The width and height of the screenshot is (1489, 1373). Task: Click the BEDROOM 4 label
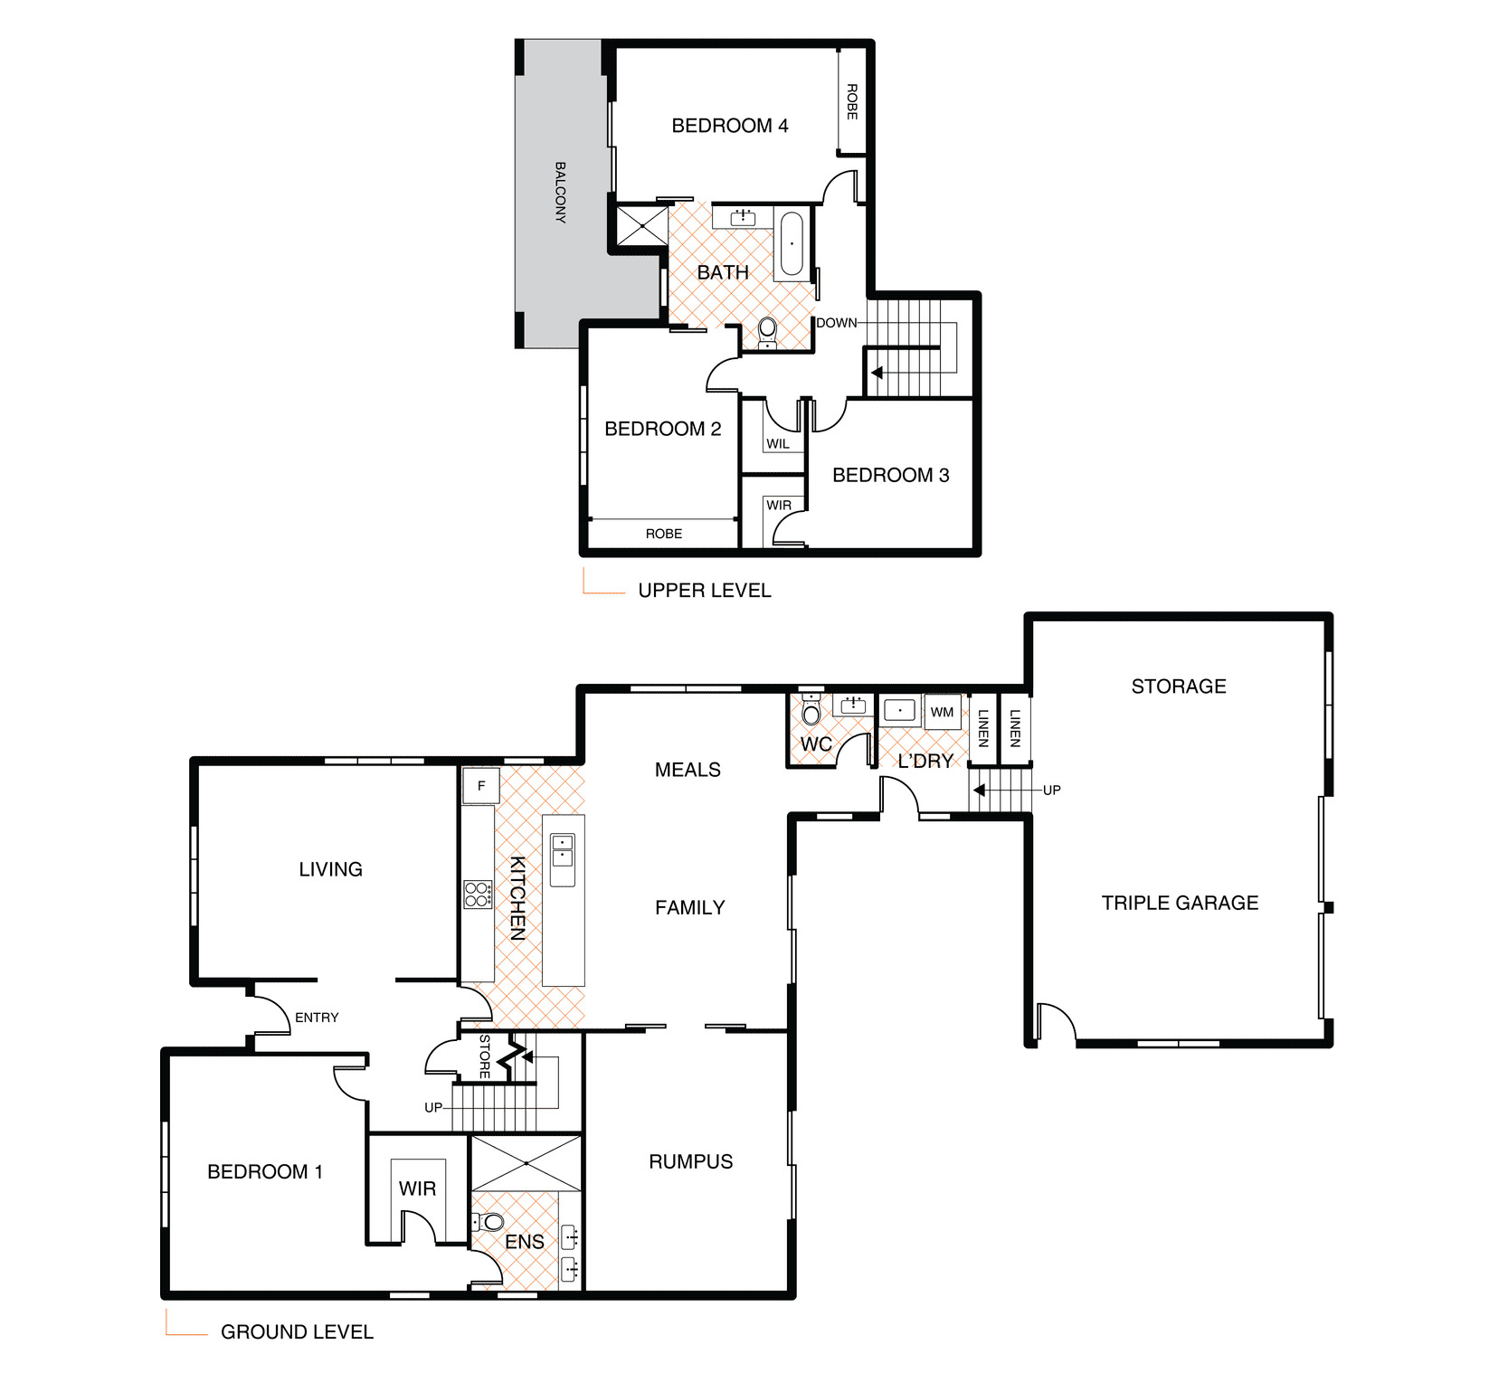coord(729,126)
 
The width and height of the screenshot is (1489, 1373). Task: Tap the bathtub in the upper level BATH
coord(792,243)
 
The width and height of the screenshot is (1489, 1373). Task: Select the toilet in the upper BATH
coord(767,332)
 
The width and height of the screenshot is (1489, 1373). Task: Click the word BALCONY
coord(560,192)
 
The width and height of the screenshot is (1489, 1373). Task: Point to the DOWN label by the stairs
coord(837,323)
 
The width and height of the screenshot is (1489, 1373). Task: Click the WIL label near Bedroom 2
coord(778,444)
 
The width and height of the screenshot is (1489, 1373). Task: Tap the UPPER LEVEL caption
coord(705,591)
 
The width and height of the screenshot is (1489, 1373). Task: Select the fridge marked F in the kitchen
coord(481,786)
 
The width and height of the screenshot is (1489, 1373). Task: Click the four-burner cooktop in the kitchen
coord(478,895)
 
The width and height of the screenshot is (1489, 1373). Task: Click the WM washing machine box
coord(942,712)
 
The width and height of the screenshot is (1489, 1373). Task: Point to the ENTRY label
coord(317,1018)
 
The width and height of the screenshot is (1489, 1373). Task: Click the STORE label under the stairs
coord(484,1056)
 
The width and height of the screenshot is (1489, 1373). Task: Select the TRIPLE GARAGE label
coord(1180,903)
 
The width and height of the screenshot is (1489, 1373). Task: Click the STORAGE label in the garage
coord(1179,686)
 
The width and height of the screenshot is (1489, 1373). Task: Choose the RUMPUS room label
coord(691,1161)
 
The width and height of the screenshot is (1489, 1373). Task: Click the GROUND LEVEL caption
coord(297,1332)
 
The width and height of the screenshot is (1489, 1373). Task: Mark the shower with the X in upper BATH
coord(641,225)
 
